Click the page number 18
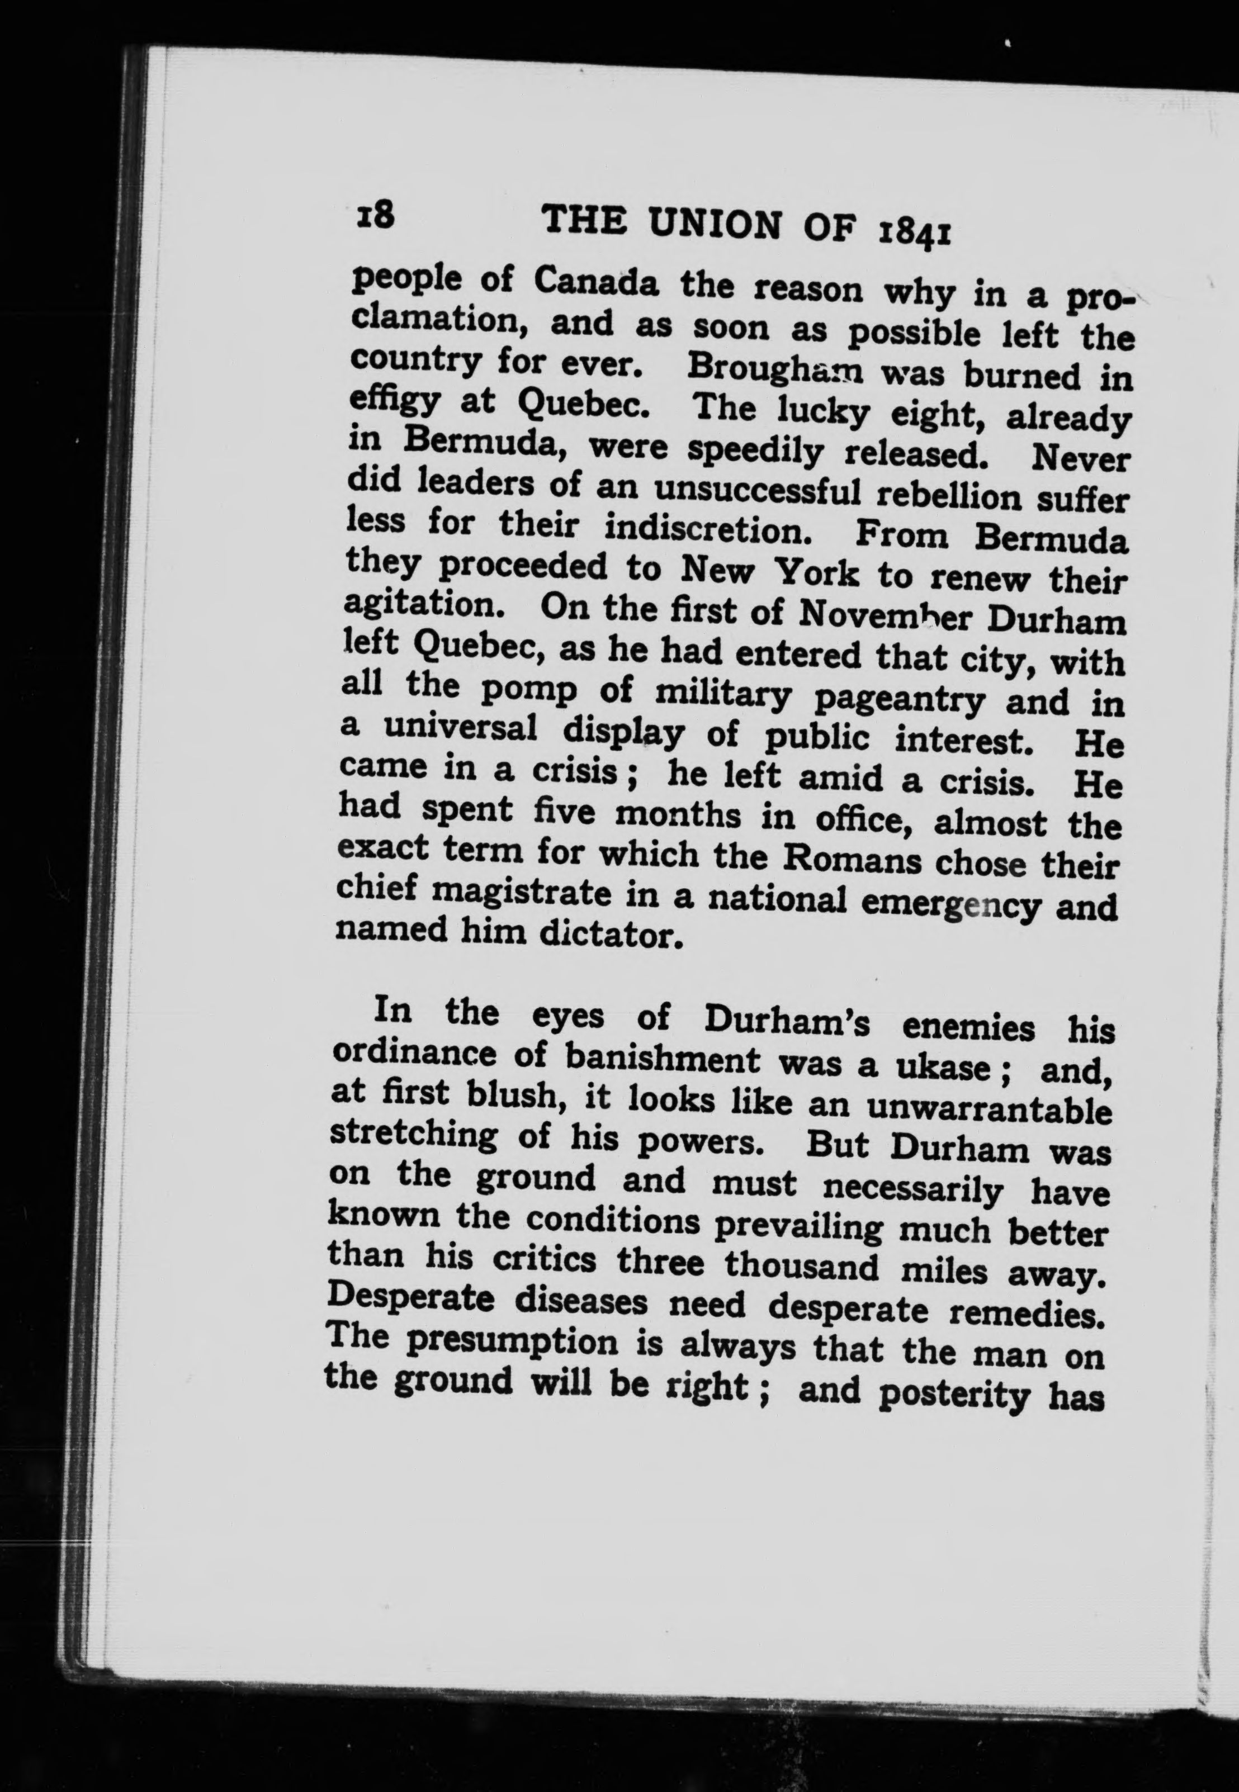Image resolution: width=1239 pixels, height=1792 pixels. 373,212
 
